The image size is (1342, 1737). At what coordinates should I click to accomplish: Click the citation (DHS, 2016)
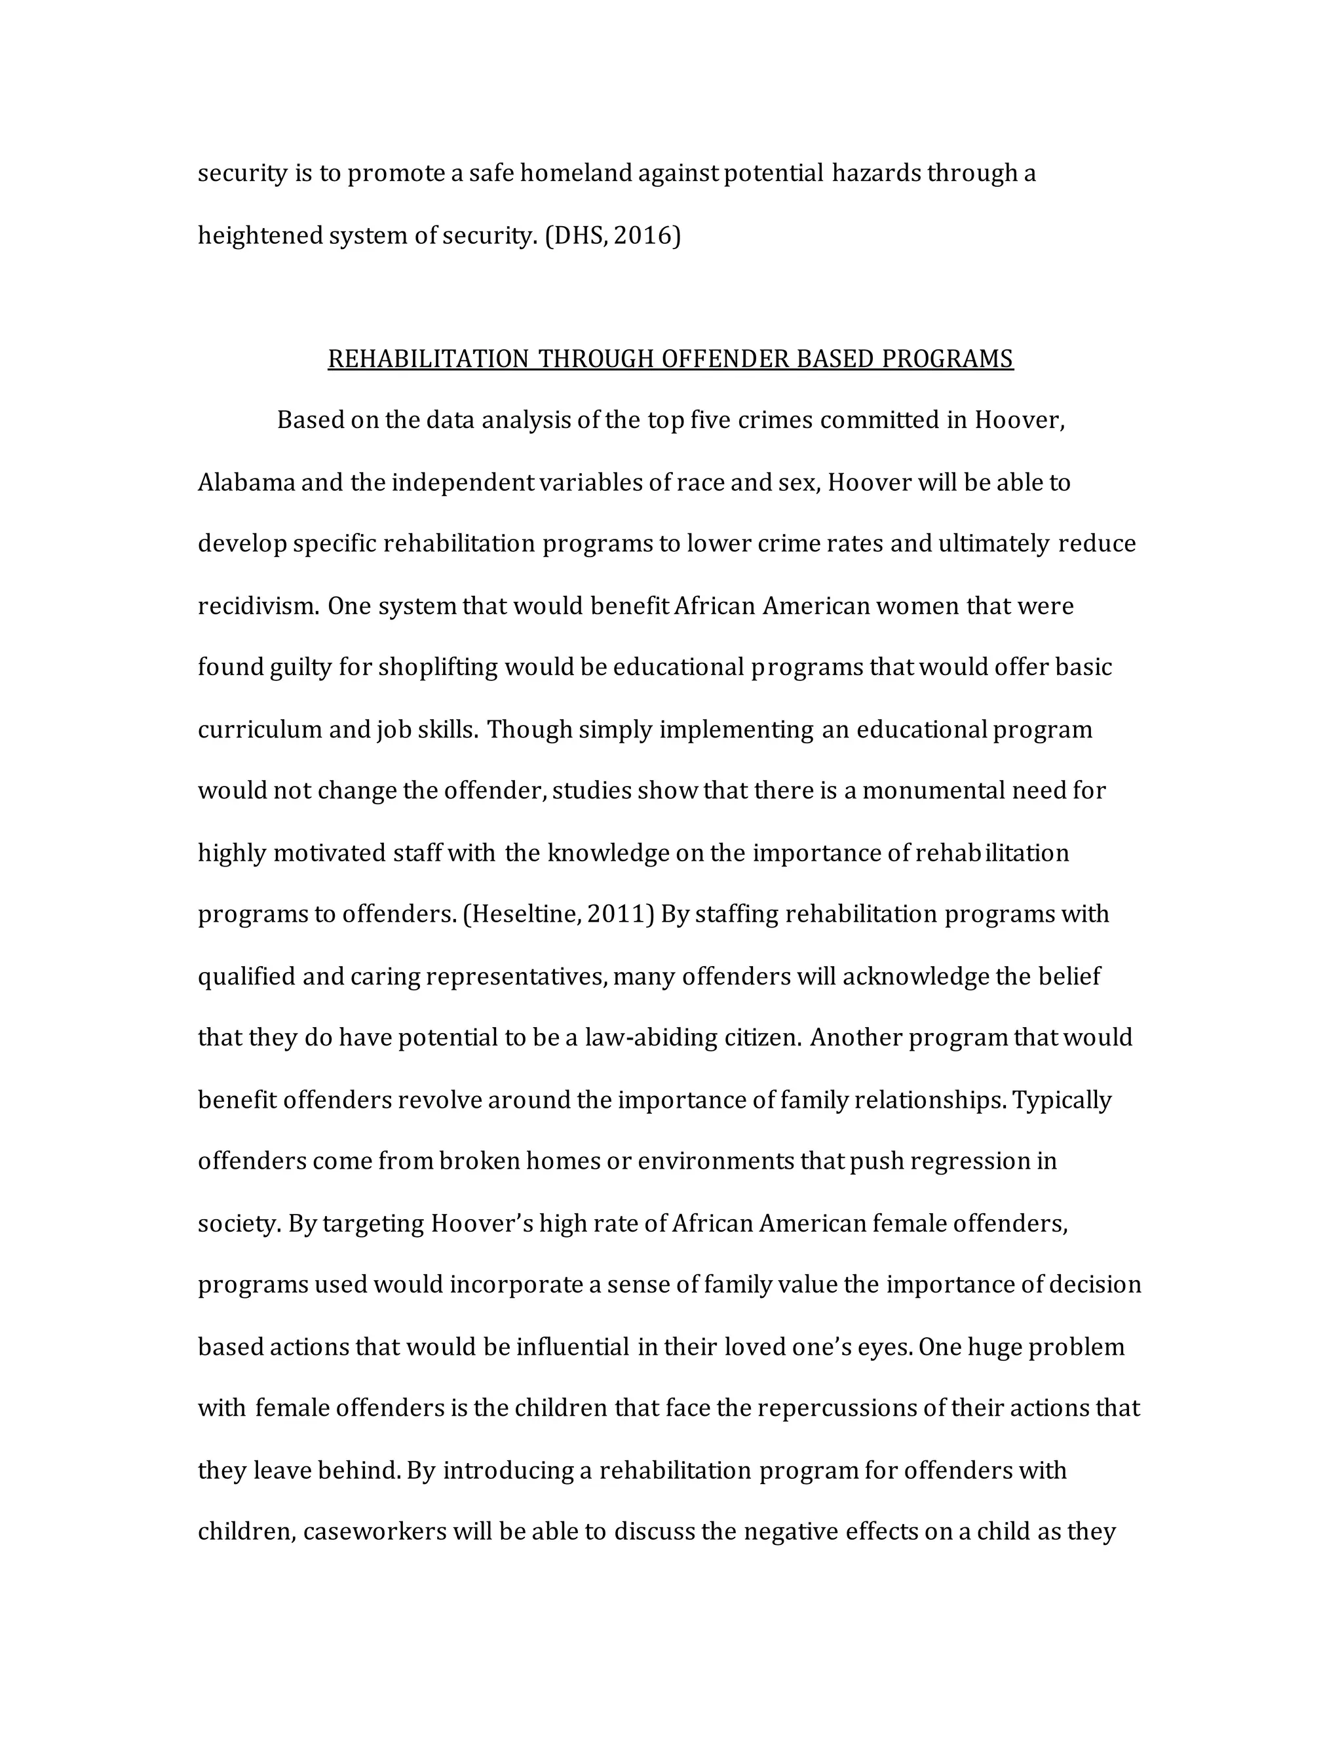click(612, 235)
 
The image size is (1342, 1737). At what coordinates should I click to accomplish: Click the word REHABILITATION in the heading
click(428, 359)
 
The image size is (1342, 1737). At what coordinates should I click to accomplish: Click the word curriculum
click(260, 730)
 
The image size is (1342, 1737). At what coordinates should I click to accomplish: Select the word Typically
click(1062, 1100)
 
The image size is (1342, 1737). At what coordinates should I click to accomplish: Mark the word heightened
click(260, 235)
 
